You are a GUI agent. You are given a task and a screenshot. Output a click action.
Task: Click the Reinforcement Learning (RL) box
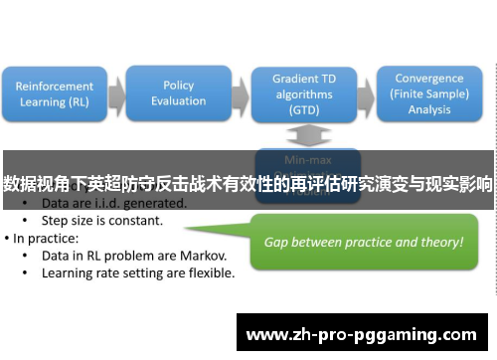click(x=55, y=93)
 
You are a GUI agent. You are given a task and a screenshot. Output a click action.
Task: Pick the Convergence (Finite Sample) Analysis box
click(x=428, y=93)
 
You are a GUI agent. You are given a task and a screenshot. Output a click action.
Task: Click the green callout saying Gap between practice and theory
click(x=362, y=242)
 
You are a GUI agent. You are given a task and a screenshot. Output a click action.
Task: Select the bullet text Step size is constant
click(x=103, y=219)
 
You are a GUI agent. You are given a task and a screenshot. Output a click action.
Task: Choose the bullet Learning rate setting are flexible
click(x=139, y=274)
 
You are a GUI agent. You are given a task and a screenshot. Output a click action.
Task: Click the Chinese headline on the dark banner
click(x=248, y=183)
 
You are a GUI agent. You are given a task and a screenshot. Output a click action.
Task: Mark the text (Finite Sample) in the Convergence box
click(x=428, y=93)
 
